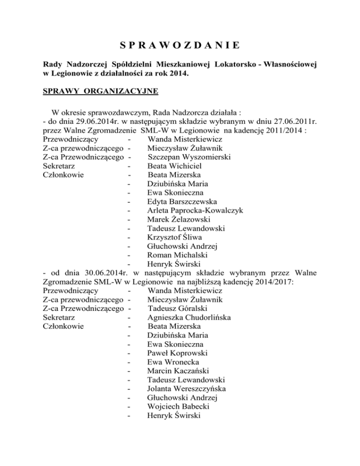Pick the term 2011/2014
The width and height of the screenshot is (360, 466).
[x=282, y=131]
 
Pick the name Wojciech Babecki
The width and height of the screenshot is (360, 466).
[x=178, y=406]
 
